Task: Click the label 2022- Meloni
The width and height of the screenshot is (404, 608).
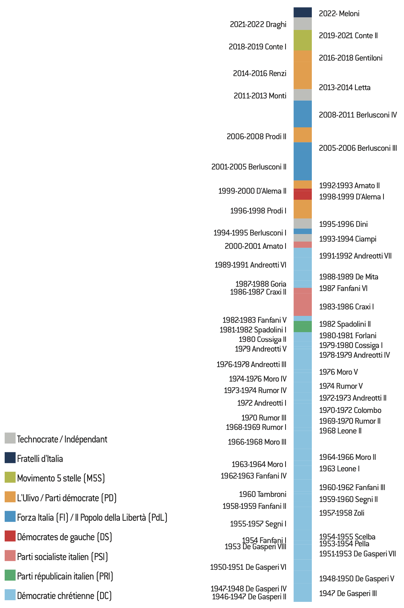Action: [x=339, y=14]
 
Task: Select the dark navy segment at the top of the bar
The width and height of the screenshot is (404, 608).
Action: [x=302, y=12]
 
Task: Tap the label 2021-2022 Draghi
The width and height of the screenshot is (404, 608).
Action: [x=258, y=25]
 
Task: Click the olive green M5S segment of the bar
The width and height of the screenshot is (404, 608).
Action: [x=302, y=40]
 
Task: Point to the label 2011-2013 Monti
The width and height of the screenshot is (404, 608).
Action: [x=260, y=96]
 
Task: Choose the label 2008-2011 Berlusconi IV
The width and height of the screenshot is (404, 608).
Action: [x=358, y=115]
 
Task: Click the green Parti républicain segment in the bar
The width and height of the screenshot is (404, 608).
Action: [x=302, y=326]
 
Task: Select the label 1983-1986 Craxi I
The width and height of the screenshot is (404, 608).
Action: [x=346, y=307]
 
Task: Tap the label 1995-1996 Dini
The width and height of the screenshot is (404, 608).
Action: [x=343, y=224]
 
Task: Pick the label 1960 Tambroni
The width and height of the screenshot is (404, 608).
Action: [x=262, y=494]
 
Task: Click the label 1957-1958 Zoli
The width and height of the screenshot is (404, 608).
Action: [x=341, y=513]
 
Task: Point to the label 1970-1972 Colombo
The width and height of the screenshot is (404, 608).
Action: [x=350, y=410]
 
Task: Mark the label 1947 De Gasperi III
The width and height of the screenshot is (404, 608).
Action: [x=347, y=594]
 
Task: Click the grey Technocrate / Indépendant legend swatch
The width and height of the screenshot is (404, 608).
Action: [x=10, y=438]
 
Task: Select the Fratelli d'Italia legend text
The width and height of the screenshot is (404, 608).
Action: [x=40, y=459]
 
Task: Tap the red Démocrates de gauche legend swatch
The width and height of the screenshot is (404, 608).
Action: [x=10, y=536]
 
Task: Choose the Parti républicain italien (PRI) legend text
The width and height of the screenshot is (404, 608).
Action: [x=65, y=576]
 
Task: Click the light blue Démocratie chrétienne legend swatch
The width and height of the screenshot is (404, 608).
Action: [x=10, y=595]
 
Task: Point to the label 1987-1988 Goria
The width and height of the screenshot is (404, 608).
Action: [x=261, y=284]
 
